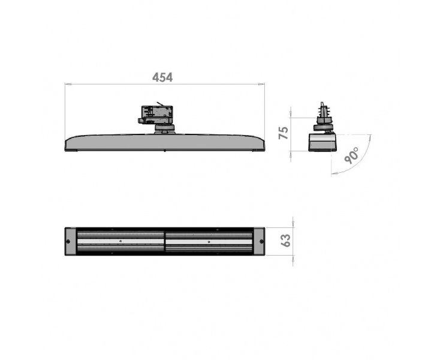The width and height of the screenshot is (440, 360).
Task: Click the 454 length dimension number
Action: point(162,77)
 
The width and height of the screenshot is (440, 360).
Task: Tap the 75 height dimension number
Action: point(284,133)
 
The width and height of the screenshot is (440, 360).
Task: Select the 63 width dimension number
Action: point(286,241)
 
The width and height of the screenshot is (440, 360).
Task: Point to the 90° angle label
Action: point(352,155)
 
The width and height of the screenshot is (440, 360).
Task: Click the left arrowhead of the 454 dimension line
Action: point(67,83)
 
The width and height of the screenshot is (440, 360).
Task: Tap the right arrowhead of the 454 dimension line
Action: point(262,83)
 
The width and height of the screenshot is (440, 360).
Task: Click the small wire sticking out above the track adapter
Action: point(160,104)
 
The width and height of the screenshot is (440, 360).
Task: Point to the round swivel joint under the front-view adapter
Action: point(164,128)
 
